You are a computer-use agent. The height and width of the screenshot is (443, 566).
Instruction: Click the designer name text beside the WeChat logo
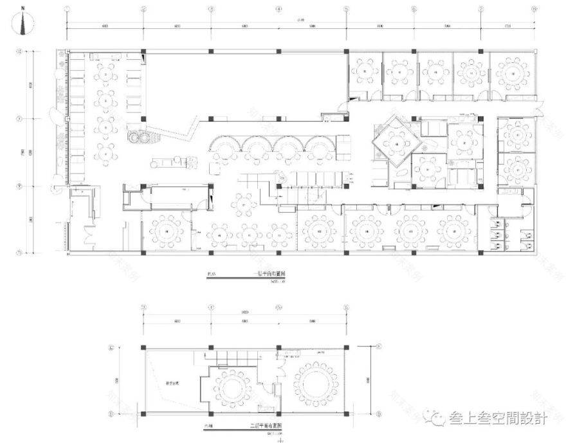(x=497, y=419)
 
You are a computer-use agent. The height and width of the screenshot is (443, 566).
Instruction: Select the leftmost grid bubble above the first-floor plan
(x=67, y=10)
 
